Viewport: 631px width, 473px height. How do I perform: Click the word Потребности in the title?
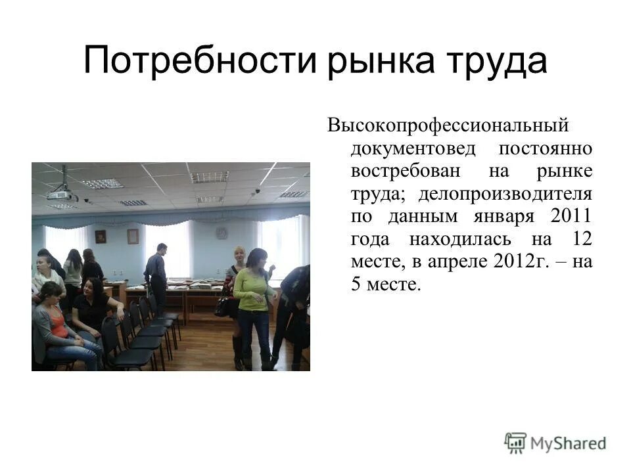(x=199, y=60)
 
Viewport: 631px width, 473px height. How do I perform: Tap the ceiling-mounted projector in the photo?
(x=63, y=193)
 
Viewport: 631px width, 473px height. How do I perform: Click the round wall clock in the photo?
(x=222, y=233)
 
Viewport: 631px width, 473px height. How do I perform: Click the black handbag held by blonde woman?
(x=223, y=306)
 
